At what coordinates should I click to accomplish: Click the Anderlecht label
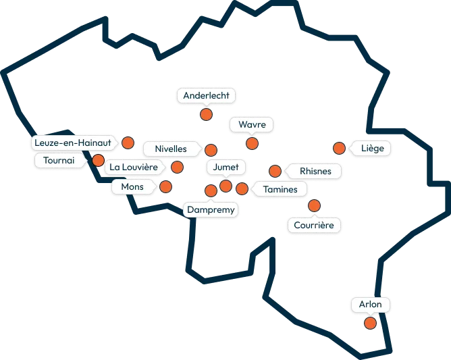206,95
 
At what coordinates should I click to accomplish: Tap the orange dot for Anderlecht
206,115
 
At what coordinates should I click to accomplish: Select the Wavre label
252,124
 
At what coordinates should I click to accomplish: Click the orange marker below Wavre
253,143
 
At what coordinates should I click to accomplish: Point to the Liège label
372,149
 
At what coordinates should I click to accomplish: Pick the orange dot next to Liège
339,148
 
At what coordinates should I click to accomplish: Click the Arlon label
371,305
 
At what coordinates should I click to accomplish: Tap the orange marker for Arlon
370,323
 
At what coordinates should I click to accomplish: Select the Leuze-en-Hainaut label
73,143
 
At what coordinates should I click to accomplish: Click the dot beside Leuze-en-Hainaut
128,143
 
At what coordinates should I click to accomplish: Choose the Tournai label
59,160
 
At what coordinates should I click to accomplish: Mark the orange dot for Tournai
98,160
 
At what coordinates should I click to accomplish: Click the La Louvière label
134,168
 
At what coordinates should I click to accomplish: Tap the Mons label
132,187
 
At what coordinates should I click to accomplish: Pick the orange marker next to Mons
165,186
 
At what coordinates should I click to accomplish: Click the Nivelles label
171,149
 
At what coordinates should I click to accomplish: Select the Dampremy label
211,210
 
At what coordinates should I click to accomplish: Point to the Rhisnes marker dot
275,172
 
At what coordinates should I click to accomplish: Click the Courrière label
314,225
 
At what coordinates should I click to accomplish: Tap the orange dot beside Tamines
242,188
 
